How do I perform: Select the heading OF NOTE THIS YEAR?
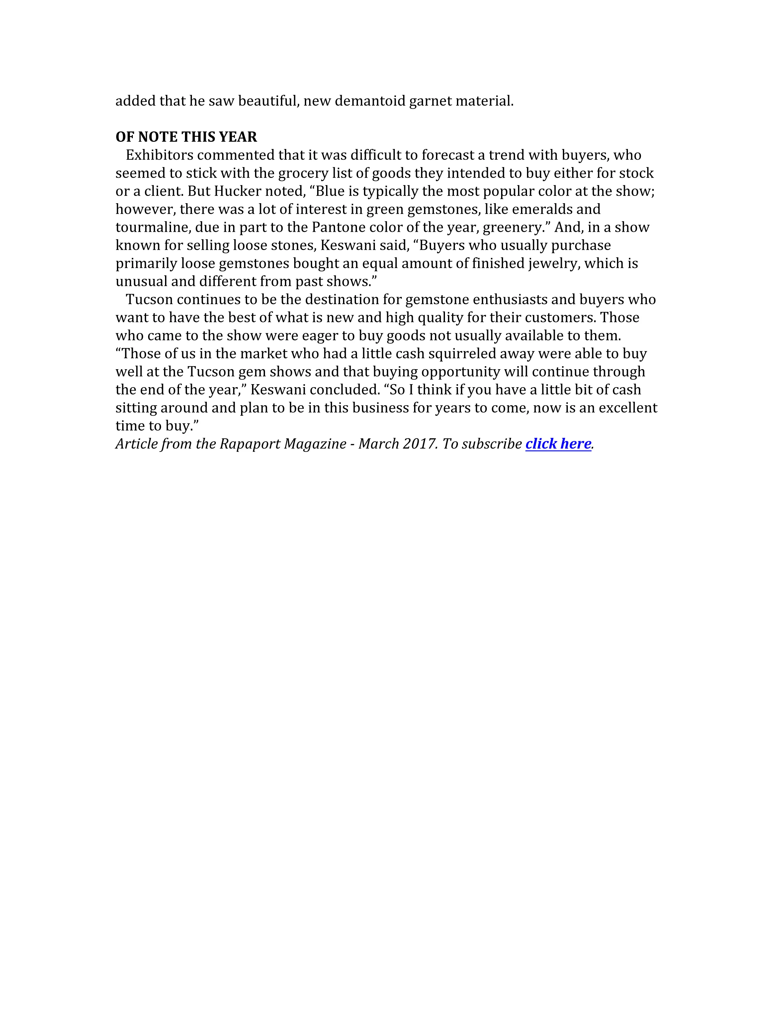coord(186,137)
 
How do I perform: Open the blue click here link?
coord(558,444)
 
